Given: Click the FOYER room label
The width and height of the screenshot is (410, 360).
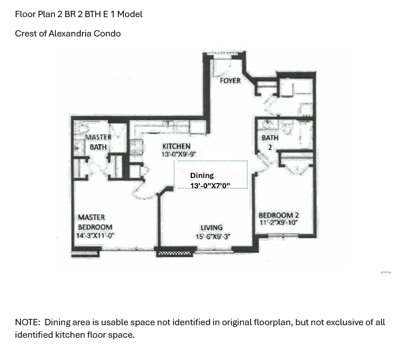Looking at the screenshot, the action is (x=230, y=80).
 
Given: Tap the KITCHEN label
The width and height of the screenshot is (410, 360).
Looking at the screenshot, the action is (x=176, y=146).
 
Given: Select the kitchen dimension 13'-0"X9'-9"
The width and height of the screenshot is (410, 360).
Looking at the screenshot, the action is (x=179, y=154).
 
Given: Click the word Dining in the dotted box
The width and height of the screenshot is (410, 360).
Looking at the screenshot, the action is (x=202, y=175).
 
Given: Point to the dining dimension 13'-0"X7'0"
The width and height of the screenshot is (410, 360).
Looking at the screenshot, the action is (x=210, y=185).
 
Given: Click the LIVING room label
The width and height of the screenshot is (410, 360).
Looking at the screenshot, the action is (x=211, y=228).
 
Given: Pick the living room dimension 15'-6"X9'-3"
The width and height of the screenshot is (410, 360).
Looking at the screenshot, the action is (x=213, y=236).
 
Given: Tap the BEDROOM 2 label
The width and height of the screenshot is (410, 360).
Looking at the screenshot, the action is (x=279, y=215).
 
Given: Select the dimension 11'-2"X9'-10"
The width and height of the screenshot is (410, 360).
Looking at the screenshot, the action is (x=279, y=223).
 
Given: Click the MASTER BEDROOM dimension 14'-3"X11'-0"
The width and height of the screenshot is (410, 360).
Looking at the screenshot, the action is (x=95, y=236).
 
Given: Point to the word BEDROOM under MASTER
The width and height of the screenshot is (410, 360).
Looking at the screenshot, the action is (x=95, y=227).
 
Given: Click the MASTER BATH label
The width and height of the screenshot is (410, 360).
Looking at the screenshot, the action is (x=98, y=142).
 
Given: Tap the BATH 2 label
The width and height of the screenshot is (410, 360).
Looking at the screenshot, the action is (x=270, y=143).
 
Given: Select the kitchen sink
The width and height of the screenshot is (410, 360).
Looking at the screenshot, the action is (x=136, y=147).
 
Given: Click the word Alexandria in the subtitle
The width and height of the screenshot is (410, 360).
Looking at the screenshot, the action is (x=70, y=34).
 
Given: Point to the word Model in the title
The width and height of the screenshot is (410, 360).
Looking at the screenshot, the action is (x=130, y=14).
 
